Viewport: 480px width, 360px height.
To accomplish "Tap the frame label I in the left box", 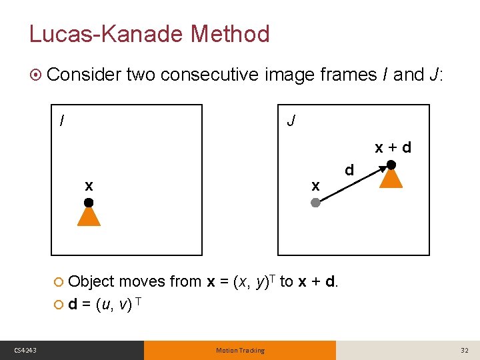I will pyautogui.click(x=62, y=121).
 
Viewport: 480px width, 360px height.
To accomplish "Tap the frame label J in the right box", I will pyautogui.click(x=291, y=121).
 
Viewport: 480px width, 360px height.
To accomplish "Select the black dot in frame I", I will pyautogui.click(x=89, y=202).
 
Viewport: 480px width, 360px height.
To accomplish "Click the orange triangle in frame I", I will pyautogui.click(x=89, y=216).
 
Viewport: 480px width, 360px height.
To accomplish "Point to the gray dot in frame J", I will pyautogui.click(x=316, y=202).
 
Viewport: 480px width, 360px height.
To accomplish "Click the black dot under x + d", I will pyautogui.click(x=391, y=164).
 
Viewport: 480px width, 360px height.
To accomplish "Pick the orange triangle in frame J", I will pyautogui.click(x=391, y=177).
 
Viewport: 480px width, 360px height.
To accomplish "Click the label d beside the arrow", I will pyautogui.click(x=349, y=170).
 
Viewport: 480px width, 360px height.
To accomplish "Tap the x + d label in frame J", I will pyautogui.click(x=393, y=147).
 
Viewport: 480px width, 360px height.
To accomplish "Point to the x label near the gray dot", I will pyautogui.click(x=316, y=185).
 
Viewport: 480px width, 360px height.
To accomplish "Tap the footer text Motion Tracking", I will pyautogui.click(x=240, y=350).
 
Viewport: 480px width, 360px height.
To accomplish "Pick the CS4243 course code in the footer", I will pyautogui.click(x=25, y=350).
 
